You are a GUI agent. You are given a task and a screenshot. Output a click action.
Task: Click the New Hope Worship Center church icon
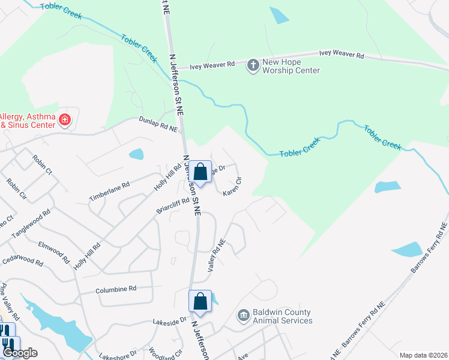[x=253, y=65]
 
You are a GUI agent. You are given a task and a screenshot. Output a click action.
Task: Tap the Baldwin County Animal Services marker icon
[x=243, y=316]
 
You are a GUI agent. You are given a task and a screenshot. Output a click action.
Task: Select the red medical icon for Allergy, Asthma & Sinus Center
[x=64, y=121]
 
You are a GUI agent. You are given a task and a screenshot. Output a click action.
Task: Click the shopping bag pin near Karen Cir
[x=202, y=172]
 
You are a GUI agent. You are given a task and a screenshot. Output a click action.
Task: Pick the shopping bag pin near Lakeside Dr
[x=200, y=301]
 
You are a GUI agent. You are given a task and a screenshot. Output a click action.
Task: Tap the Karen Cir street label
[x=232, y=187]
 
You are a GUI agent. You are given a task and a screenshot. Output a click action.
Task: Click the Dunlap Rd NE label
[x=159, y=124]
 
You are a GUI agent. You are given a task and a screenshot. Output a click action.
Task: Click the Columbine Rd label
[x=116, y=289]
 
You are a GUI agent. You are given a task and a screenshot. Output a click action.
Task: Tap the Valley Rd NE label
[x=216, y=256]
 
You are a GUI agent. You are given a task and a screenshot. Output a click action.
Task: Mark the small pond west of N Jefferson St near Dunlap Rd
[x=136, y=154]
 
